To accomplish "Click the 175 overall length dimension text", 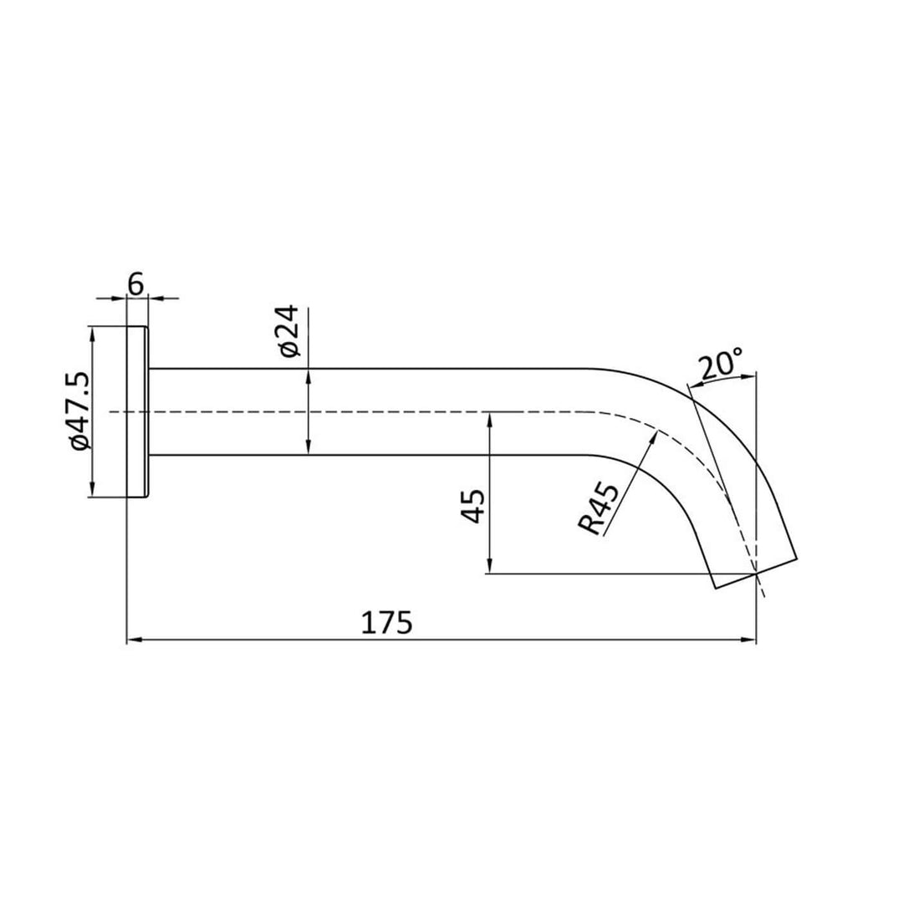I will pyautogui.click(x=386, y=623).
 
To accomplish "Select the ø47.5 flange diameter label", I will pyautogui.click(x=81, y=411).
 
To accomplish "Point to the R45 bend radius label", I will pyautogui.click(x=599, y=508).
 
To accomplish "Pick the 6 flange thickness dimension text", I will pyautogui.click(x=136, y=284).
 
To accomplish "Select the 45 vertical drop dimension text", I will pyautogui.click(x=474, y=507).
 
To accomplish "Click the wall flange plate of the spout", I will pyautogui.click(x=138, y=411).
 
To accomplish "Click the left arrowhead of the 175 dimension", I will pyautogui.click(x=132, y=640).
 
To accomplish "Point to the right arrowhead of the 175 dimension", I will pyautogui.click(x=750, y=640).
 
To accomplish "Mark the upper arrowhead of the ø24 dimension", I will pyautogui.click(x=309, y=374).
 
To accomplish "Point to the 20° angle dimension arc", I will pyautogui.click(x=723, y=378).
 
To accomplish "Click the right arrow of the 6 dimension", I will pyautogui.click(x=155, y=297).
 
